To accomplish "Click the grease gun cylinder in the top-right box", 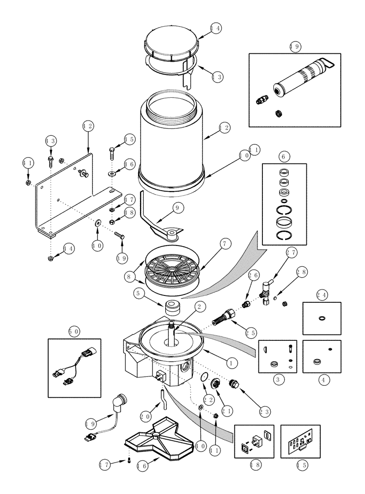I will pos(301,79).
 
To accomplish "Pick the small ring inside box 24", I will pos(322,318).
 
